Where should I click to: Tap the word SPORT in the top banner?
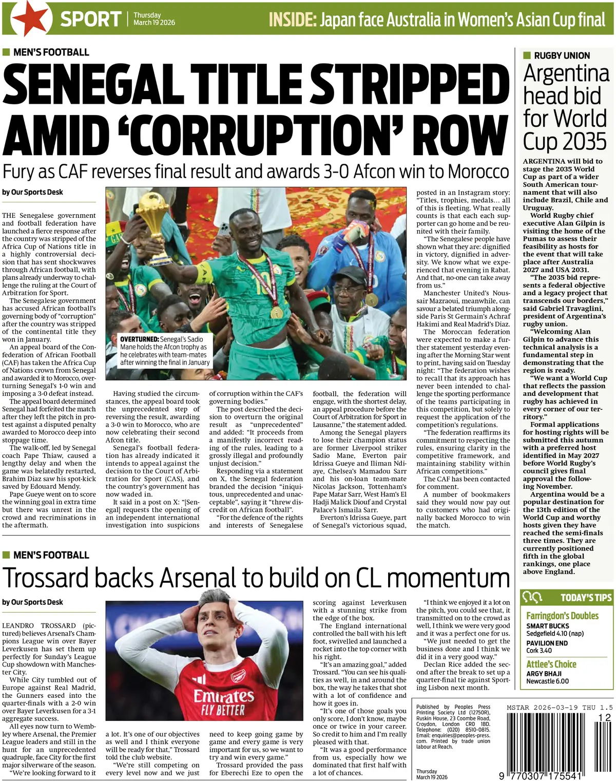90,20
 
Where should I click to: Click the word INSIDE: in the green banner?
292,20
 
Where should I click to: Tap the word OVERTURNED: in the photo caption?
139,339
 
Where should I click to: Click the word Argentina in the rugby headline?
566,73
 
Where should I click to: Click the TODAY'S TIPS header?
586,597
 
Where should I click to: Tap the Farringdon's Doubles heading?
562,616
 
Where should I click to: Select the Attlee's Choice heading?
551,664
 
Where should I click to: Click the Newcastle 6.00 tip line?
547,681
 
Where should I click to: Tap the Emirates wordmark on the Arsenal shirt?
223,696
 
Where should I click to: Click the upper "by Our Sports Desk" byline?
32,192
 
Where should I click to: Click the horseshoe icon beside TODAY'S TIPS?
532,597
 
